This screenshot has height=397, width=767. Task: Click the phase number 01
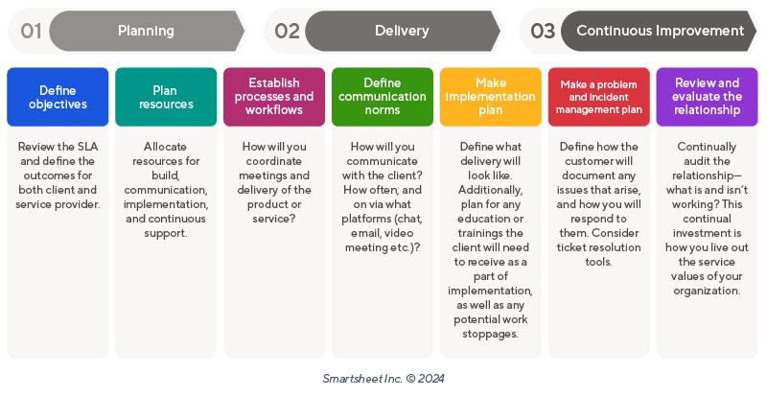coord(31,31)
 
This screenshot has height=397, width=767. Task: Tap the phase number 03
coord(543,31)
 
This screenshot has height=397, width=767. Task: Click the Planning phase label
coord(146,31)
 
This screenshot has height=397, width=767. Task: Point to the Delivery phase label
coord(402,31)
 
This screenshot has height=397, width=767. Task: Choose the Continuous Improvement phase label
coord(661,31)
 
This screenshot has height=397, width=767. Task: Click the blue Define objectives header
coord(58,97)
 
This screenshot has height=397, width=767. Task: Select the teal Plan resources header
coord(166,97)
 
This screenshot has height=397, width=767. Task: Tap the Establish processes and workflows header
coord(274,97)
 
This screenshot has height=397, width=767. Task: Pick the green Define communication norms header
coord(383,97)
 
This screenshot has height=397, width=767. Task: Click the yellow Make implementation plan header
coord(491,97)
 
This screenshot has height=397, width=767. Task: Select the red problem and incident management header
coord(599,97)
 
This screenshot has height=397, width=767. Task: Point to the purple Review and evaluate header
coord(708,97)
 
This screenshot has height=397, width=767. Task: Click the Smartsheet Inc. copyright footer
coord(383,378)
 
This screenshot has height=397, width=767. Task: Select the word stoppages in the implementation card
coord(491,334)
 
